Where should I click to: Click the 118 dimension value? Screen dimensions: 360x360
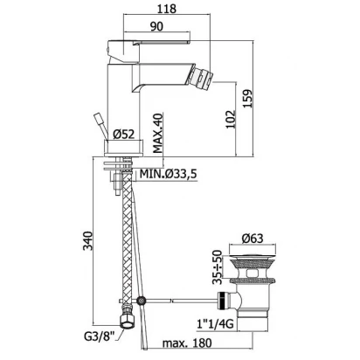pos(167,9)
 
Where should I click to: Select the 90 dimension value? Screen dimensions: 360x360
pos(156,26)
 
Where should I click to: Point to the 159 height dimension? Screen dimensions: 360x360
pos(248,99)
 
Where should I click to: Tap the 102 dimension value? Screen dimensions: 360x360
pos(231,119)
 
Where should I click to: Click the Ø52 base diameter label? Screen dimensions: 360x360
pos(124,135)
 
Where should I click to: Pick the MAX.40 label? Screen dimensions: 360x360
pos(158,133)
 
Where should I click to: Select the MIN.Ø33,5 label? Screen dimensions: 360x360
pos(169,174)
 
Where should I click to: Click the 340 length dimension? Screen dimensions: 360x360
pos(87,240)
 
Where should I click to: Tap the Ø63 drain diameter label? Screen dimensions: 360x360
pos(253,239)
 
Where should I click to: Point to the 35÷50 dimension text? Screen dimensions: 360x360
pos(217,267)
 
